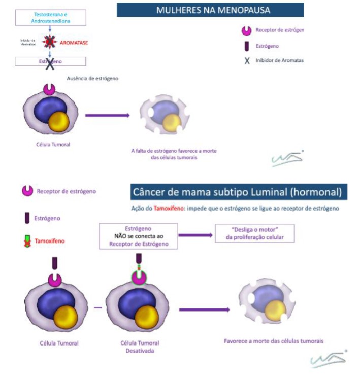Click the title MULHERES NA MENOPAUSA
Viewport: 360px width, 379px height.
coord(210,10)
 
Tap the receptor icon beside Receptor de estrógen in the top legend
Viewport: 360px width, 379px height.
coord(247,30)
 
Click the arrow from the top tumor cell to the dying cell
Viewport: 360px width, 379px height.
coord(107,115)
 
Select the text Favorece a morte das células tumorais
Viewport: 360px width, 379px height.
coord(274,341)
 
